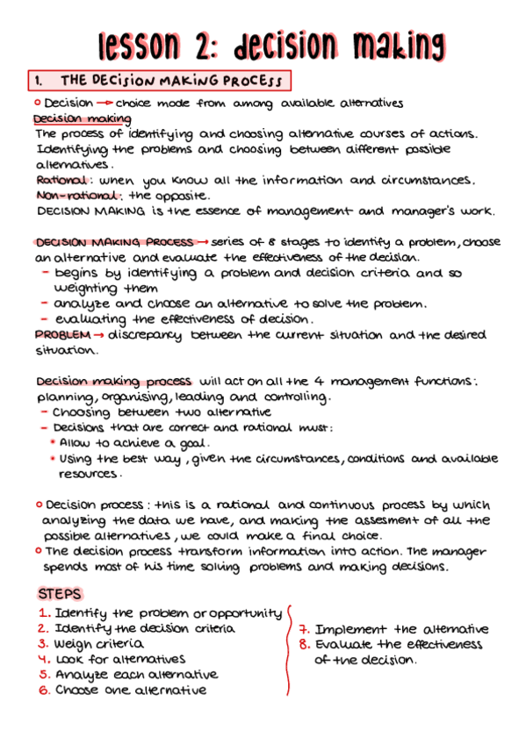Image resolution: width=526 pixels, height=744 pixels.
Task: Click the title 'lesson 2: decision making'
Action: pos(271,43)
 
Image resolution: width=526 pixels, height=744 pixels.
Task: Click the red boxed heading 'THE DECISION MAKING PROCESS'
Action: pos(158,82)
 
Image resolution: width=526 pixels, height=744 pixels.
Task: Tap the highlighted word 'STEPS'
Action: pos(61,593)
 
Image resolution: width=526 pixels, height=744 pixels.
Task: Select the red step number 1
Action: pos(43,613)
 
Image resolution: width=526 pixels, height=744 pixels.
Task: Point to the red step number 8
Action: pos(304,645)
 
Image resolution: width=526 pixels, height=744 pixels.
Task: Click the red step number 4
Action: pos(42,659)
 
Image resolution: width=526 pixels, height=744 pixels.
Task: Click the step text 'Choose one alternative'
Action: pos(131,690)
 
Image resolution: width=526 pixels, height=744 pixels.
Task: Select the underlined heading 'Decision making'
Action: pos(82,118)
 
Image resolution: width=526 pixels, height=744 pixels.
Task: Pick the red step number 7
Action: pos(304,629)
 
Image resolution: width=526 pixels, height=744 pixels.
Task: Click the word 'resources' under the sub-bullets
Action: pos(88,474)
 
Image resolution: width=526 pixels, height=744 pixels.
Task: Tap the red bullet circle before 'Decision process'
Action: pos(40,504)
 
